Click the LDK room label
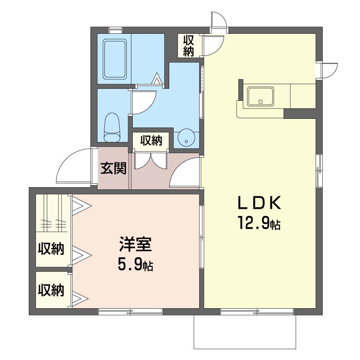tap(259, 203)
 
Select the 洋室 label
tap(135, 246)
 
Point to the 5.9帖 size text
tap(135, 265)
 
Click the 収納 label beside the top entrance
tap(188, 46)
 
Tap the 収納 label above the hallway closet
tap(151, 141)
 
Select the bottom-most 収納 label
tap(51, 290)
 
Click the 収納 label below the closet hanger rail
tap(51, 248)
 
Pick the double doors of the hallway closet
tap(151, 162)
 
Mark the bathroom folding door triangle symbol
tap(157, 79)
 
